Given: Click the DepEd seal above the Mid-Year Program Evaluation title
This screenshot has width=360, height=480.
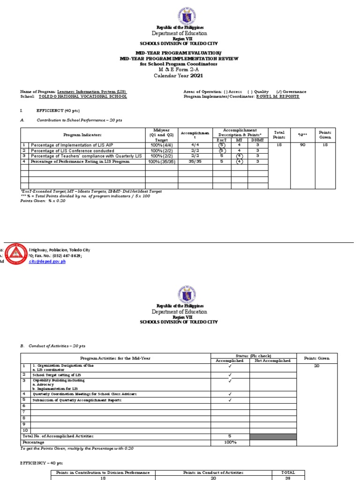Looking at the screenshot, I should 180,14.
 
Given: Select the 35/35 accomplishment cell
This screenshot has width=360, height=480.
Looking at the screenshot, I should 195,161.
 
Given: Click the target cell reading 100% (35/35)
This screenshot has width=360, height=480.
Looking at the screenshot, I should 162,161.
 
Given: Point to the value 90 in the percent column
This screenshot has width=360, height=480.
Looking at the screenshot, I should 303,145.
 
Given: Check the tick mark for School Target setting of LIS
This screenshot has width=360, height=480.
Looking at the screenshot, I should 230,375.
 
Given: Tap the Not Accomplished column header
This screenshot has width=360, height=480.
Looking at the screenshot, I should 273,361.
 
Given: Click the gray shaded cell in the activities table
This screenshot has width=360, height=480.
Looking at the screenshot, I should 273,436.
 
